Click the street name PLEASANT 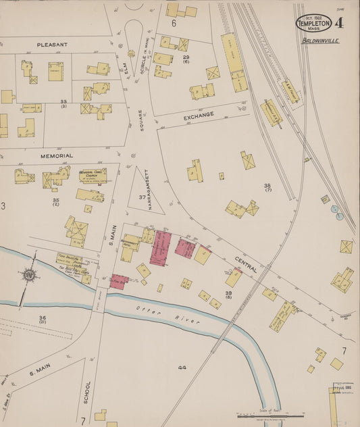tap(53, 45)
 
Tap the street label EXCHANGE tap(199, 116)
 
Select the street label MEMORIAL tap(57, 155)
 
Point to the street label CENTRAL tap(246, 263)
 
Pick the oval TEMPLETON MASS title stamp tap(313, 24)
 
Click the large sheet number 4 tap(338, 23)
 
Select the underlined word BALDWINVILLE tap(321, 41)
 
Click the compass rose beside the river tap(28, 275)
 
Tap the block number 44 tap(182, 367)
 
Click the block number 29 tap(186, 57)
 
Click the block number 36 tap(43, 318)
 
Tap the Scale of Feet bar tap(270, 416)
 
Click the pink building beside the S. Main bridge tap(119, 281)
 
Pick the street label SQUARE tap(141, 120)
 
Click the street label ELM tap(123, 70)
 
